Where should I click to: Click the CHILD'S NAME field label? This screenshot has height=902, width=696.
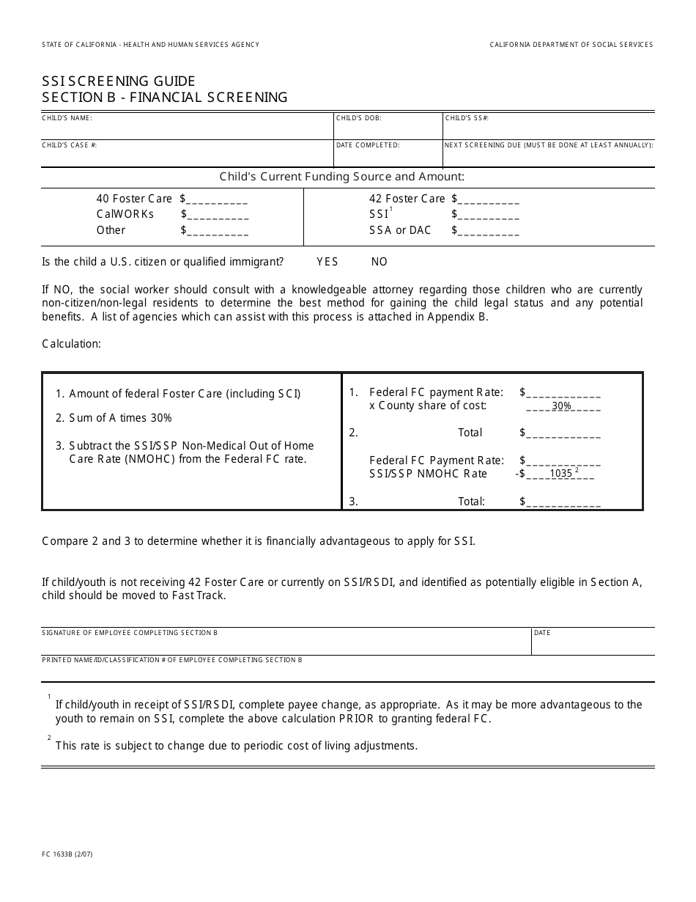tap(67, 117)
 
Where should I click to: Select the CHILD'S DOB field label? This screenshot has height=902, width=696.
tap(358, 117)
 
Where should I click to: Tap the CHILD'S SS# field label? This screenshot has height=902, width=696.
tap(467, 117)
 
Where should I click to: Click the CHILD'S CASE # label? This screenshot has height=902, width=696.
tap(70, 145)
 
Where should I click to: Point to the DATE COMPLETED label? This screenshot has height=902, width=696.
tap(368, 145)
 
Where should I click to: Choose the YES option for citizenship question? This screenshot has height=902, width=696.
tap(327, 262)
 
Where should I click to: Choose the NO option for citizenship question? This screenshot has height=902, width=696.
tap(379, 262)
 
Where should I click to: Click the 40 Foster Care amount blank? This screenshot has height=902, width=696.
tap(218, 199)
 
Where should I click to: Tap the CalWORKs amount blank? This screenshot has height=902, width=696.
tap(218, 215)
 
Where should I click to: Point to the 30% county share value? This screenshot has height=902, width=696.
tap(561, 406)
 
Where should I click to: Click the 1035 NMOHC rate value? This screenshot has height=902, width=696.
tap(560, 474)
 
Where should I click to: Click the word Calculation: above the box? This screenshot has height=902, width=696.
tap(71, 343)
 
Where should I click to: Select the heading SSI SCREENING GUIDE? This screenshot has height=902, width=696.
tap(119, 81)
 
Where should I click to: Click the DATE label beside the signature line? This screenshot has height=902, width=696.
tap(542, 633)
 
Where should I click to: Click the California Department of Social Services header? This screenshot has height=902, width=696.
tap(571, 45)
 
